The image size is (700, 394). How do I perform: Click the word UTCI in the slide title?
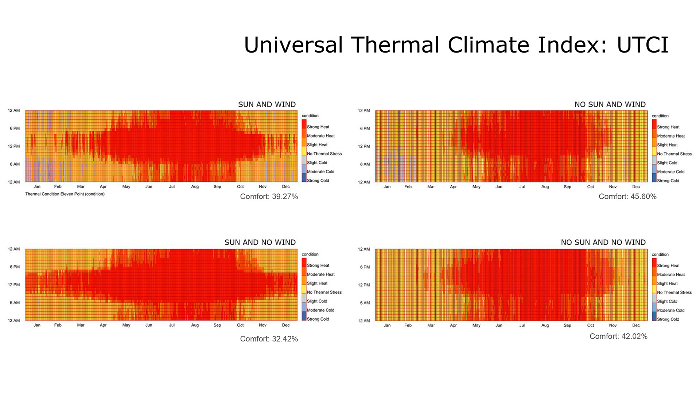coord(642,45)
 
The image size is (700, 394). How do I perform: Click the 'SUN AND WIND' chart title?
coord(267,105)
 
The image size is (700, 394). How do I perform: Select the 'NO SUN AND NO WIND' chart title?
coord(603,243)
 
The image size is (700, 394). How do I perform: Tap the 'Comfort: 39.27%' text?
coord(269,197)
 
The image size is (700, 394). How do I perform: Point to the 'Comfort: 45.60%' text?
coord(627,197)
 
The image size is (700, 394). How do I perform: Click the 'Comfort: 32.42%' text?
coord(269,339)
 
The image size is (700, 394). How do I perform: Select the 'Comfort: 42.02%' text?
coord(618,336)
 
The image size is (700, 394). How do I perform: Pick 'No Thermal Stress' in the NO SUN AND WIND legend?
coord(674,154)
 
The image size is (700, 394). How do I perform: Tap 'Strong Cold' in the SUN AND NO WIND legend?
coord(318,319)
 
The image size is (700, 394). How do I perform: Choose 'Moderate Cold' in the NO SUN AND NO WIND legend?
coord(670,310)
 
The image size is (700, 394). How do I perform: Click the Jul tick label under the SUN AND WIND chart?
coord(172,187)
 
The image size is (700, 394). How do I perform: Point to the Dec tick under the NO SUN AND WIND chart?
coord(636,187)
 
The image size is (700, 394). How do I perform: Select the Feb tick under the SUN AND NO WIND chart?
coord(58,325)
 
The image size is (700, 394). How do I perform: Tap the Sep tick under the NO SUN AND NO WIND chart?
coord(567,325)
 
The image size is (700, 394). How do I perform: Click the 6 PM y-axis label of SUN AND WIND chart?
coord(15,128)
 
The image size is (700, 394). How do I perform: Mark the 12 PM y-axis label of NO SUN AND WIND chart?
coord(364,146)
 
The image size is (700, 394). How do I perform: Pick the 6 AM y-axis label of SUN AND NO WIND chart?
coord(15,303)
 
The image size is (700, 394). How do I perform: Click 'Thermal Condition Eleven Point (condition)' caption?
coord(65,194)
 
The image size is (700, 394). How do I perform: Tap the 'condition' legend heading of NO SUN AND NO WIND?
coord(660,255)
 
